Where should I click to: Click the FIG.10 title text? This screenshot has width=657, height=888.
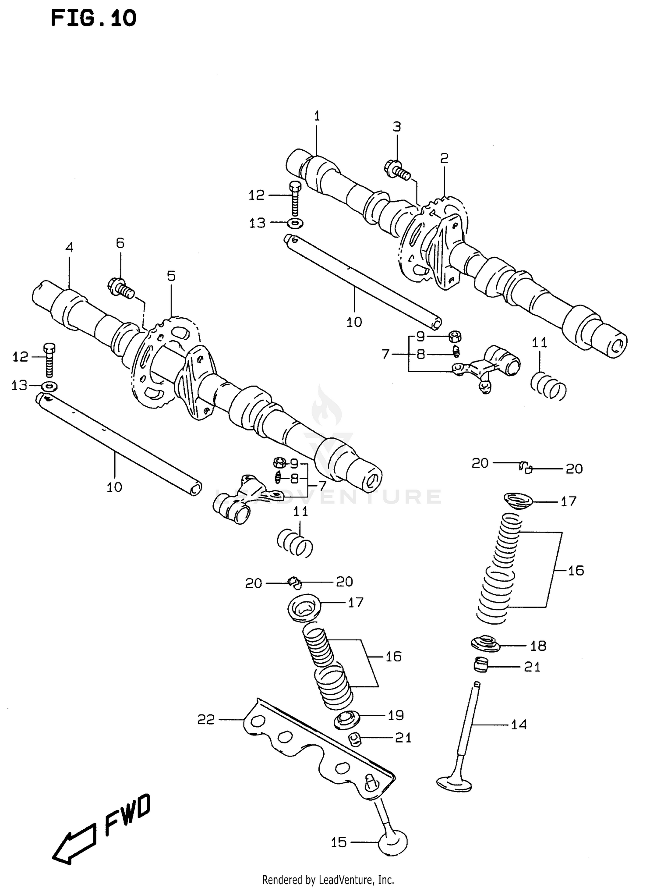pos(93,19)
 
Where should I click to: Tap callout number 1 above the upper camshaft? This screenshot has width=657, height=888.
pos(317,116)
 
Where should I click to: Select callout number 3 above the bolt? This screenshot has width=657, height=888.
pos(396,127)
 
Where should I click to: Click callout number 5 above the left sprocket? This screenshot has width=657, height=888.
pos(171,276)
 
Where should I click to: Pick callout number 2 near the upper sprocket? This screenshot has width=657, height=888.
pos(444,158)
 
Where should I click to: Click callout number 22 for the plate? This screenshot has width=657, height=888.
pos(206,719)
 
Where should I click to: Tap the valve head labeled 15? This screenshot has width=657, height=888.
pos(393,842)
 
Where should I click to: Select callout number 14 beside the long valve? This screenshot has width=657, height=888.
pos(519,725)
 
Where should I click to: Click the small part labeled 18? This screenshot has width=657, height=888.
pos(485,645)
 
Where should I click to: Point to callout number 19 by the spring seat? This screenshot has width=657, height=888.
pos(396,715)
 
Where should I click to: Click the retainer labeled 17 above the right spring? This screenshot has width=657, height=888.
pos(517,501)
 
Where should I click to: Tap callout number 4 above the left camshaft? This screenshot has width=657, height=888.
pos(69,247)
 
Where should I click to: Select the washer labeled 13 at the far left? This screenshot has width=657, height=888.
pos(49,387)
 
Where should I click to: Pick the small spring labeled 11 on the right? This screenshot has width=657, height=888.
pos(548,385)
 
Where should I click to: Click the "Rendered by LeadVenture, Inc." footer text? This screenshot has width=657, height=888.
pos(328,879)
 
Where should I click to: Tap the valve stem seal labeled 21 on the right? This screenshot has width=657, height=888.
pos(481,666)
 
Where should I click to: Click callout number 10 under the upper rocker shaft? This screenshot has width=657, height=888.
pos(354,322)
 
